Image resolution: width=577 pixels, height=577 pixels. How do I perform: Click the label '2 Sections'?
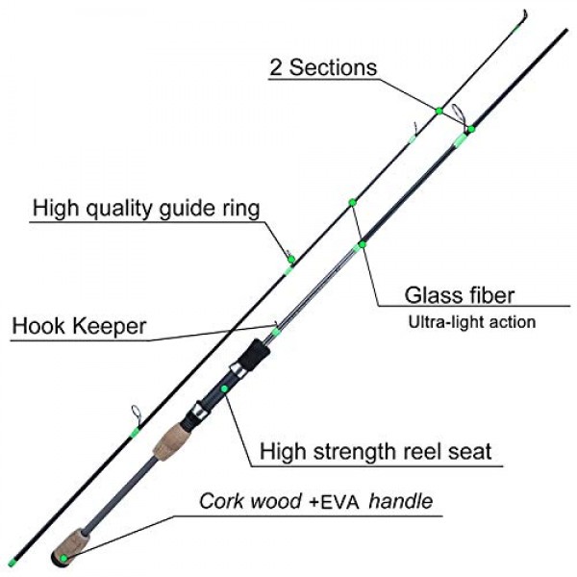(322, 67)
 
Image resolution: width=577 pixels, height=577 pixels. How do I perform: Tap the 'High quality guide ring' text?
(146, 208)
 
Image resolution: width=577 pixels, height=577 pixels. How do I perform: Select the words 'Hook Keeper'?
(79, 326)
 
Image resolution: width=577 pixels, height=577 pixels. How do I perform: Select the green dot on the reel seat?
(224, 389)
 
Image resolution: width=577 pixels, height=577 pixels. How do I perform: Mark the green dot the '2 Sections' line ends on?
(439, 111)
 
